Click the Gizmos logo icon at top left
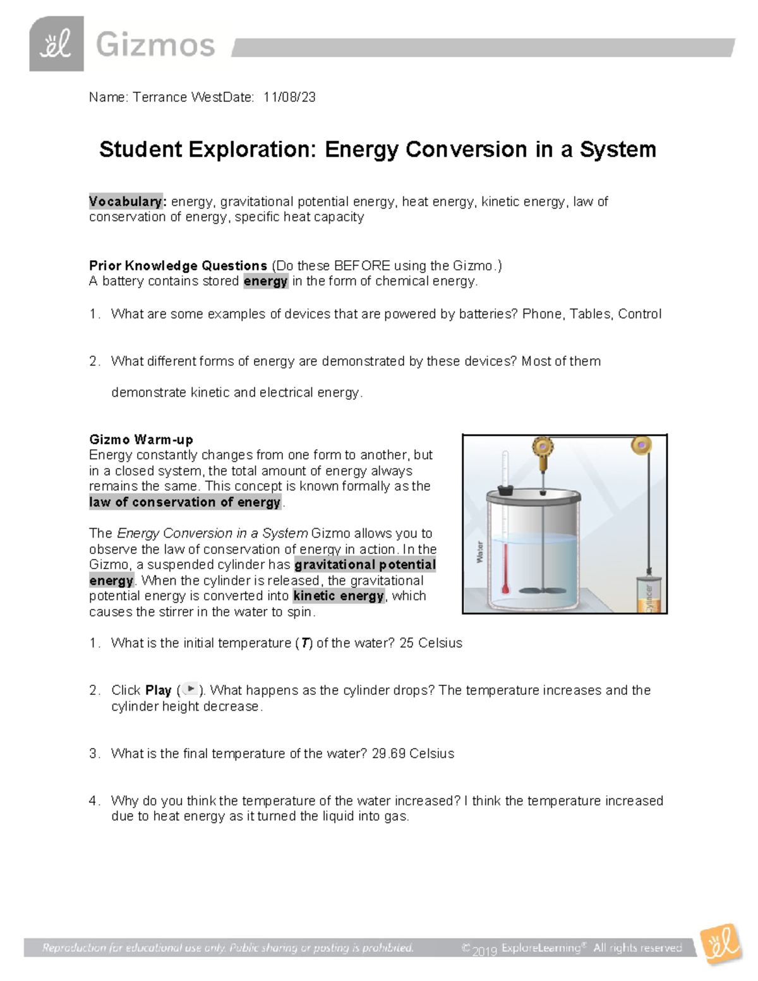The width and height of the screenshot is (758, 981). coord(56,44)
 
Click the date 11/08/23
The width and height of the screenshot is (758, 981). coord(289,97)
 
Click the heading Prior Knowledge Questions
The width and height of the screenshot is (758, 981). coord(177,265)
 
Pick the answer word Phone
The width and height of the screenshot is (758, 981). coord(541,314)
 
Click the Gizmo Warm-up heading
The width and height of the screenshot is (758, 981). coord(141,439)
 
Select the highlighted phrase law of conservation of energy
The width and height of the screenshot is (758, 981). coord(184,502)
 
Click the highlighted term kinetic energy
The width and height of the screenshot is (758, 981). coord(339,596)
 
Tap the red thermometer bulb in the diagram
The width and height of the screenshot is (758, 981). coord(505,589)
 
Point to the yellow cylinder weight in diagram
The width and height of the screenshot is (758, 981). coord(649,594)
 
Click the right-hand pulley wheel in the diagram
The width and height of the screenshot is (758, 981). coord(641,445)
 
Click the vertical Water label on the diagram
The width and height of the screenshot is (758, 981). coord(479,551)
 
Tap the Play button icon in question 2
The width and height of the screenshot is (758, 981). coord(189,690)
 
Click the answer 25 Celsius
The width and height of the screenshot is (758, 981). coord(431,643)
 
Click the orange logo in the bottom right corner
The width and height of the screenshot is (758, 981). coord(721,944)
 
